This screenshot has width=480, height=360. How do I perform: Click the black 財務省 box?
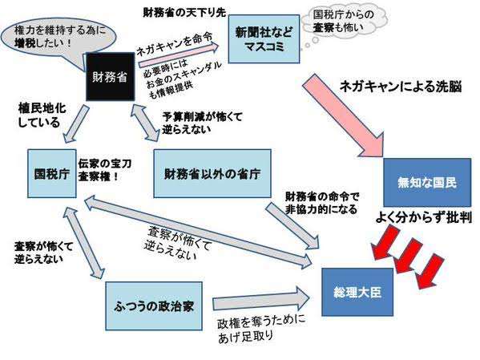(x=111, y=77)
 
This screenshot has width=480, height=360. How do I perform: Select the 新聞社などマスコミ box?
(x=264, y=39)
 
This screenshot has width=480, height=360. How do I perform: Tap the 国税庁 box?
(x=52, y=174)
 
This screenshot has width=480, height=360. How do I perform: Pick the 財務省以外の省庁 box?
(x=212, y=173)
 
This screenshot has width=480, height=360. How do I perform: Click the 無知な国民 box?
(x=427, y=183)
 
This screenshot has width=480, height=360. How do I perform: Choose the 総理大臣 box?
(x=357, y=292)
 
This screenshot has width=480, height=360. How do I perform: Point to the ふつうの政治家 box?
(x=154, y=305)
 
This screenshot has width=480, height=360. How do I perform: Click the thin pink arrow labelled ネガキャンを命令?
(x=179, y=55)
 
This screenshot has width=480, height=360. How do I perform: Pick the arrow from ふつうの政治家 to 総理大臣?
(x=261, y=299)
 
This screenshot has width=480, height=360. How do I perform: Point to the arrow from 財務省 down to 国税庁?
(x=75, y=124)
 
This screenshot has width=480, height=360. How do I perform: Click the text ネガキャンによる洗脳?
(x=401, y=87)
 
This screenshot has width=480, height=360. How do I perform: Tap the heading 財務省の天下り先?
(x=184, y=12)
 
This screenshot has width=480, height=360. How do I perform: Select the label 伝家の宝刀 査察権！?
(x=104, y=170)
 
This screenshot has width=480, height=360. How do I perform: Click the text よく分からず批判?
(x=423, y=217)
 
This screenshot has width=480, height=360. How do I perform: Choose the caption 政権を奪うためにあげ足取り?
(x=260, y=329)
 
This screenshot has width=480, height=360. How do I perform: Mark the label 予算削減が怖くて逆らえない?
(x=202, y=123)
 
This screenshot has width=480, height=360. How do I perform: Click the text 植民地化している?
(x=42, y=115)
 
